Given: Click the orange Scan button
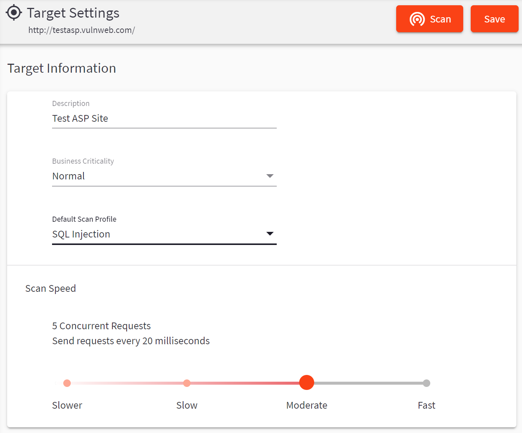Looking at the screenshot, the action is (430, 19).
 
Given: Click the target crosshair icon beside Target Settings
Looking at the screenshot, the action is (14, 12).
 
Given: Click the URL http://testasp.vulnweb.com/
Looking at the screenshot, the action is (82, 30).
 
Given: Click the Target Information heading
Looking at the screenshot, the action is (62, 68).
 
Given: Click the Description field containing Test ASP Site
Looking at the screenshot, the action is (164, 119).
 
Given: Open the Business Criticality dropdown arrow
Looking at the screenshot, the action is (270, 176).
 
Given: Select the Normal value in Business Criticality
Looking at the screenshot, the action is (69, 176).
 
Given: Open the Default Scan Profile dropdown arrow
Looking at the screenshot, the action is (270, 234).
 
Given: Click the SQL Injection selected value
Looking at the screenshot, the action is (81, 234).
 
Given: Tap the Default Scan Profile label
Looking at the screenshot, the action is (84, 219).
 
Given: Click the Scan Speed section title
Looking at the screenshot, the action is (51, 288).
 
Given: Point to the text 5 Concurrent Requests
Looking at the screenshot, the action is (101, 326).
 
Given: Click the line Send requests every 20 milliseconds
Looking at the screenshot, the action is (131, 341).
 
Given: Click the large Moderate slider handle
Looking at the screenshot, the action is (307, 382).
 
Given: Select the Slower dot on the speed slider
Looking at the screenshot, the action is (67, 383).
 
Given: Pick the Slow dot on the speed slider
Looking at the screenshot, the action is (187, 383).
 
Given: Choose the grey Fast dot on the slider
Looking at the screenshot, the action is (427, 383).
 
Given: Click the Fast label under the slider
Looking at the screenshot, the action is (427, 405).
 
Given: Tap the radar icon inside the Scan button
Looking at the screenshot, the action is (417, 19).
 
